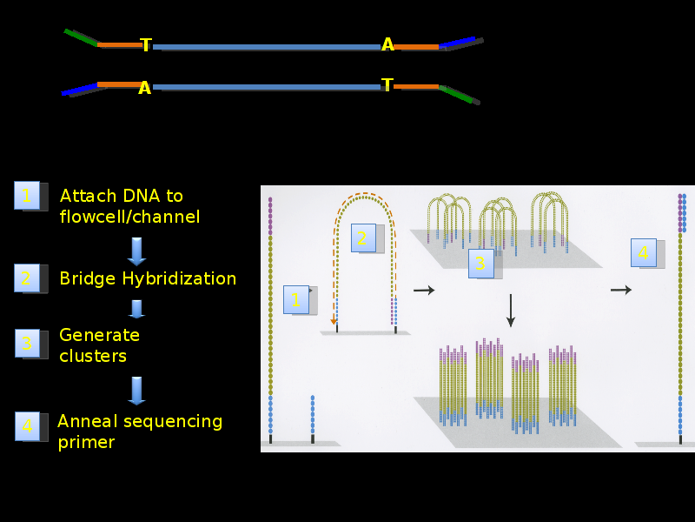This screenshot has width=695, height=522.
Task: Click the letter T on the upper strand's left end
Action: point(146,45)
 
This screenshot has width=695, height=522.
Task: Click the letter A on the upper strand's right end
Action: point(387,44)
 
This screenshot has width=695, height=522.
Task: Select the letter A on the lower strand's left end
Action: point(144,88)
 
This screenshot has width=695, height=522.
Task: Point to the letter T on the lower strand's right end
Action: point(387,84)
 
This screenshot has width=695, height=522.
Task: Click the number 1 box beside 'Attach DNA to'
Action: point(27,195)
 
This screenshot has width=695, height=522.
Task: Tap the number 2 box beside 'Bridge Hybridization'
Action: point(27,278)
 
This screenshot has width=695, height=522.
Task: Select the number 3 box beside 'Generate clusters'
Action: point(28,343)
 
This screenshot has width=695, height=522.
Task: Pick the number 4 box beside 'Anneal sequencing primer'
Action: point(28,426)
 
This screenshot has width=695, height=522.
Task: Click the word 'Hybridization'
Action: point(179,278)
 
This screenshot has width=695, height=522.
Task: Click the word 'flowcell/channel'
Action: point(129,217)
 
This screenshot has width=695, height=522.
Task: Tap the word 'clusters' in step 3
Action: point(93,356)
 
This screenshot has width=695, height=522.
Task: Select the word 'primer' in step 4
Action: point(86,443)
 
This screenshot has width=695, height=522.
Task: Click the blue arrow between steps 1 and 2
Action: point(136,251)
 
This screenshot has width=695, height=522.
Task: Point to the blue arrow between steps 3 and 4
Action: point(136,391)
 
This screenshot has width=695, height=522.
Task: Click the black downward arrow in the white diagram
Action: point(511,311)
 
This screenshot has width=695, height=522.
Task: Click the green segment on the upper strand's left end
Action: point(81,37)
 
